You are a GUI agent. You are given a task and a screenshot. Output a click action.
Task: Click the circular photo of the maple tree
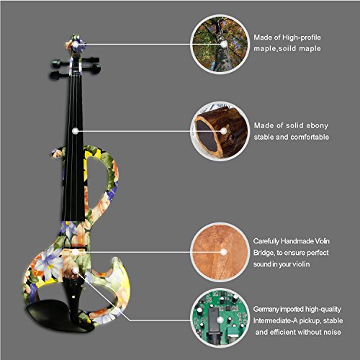tap(220, 45)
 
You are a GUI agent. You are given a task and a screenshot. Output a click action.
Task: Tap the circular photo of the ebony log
tap(220, 131)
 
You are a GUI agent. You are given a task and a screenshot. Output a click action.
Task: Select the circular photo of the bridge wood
tap(220, 252)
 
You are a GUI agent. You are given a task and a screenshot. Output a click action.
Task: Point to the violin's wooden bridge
tap(74, 252)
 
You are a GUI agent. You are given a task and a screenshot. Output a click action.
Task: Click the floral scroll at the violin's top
tap(76, 45)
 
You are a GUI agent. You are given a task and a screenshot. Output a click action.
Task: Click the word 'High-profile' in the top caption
tap(302, 37)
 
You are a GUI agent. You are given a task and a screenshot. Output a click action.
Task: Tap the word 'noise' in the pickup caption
tap(332, 332)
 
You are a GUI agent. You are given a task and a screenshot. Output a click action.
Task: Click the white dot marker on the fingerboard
tap(76, 131)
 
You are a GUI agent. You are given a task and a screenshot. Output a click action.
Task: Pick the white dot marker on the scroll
tap(76, 45)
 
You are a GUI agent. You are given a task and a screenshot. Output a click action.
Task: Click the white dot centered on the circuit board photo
tap(220, 320)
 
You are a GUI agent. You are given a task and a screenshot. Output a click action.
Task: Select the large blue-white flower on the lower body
tap(49, 261)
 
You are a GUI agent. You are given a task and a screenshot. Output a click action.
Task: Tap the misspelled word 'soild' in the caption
tap(287, 48)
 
